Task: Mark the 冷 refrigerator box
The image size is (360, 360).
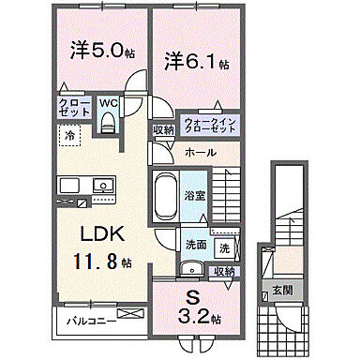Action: pos(70,137)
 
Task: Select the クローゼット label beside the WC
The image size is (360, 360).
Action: pos(75,107)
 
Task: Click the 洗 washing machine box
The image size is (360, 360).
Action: pos(227,248)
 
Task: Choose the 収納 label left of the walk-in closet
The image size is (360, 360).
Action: pos(163,130)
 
